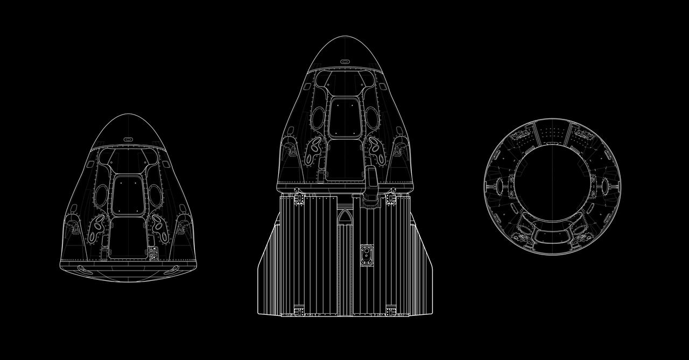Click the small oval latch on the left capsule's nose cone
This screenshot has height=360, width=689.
pos(128,139)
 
